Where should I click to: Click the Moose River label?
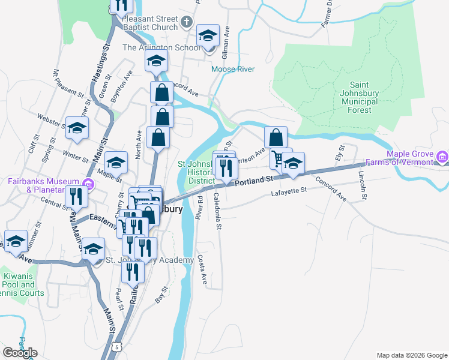(x=233, y=69)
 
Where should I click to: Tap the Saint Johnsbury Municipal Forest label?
(x=367, y=97)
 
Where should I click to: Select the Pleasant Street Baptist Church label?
(x=149, y=23)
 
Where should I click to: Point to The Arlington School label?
(x=161, y=47)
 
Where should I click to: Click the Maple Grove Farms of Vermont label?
(x=409, y=158)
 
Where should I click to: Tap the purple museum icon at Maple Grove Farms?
(x=443, y=158)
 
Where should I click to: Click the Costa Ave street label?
(x=203, y=271)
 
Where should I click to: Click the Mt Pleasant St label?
(x=68, y=83)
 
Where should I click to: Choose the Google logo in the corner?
(x=20, y=353)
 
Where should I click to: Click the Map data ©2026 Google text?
(x=411, y=355)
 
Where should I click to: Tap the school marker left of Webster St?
(x=77, y=128)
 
